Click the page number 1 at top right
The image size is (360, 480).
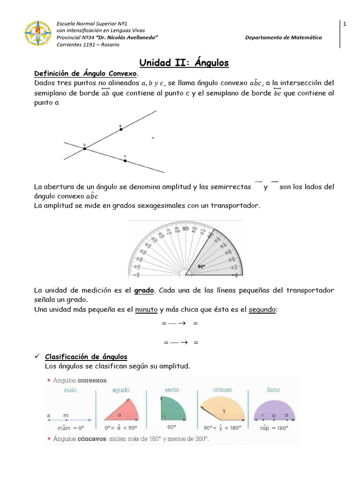click(345, 24)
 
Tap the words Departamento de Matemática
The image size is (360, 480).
click(284, 37)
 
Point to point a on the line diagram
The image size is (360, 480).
click(121, 129)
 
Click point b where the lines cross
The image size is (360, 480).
click(85, 149)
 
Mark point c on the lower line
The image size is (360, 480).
click(125, 160)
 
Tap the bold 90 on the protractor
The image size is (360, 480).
click(186, 229)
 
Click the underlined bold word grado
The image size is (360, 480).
click(144, 291)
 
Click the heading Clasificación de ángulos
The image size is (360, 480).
click(86, 357)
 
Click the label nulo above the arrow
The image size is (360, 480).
click(70, 390)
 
